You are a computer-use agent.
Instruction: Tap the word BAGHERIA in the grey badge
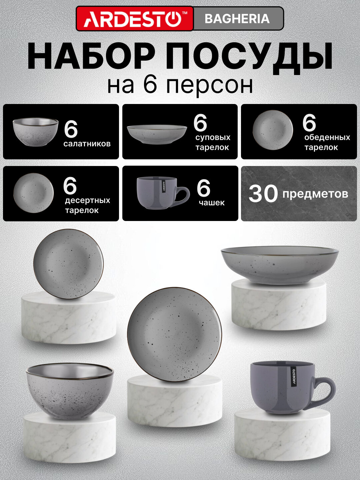coord(237,19)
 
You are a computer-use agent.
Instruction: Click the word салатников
coord(87,144)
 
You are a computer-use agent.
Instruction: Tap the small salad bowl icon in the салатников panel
coord(35,131)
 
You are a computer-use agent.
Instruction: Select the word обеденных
coord(327,137)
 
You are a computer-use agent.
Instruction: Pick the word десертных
coord(87,200)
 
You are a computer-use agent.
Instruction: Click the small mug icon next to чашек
coord(162,193)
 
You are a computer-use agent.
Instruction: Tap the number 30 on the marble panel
coord(263,194)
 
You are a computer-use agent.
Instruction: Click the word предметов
coord(315,194)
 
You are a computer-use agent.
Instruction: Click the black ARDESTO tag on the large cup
coord(294,377)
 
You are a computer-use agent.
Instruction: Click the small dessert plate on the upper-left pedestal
coord(68,264)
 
